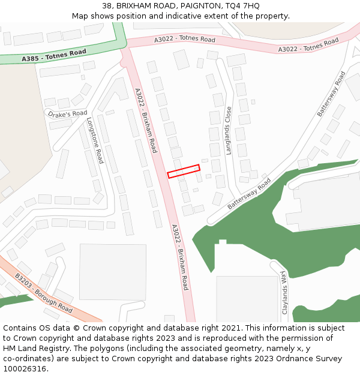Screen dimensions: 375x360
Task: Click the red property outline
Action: click(184, 171)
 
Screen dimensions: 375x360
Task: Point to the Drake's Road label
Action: click(68, 114)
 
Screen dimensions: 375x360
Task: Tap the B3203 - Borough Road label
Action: click(44, 293)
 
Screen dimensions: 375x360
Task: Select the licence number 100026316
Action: click(25, 369)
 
